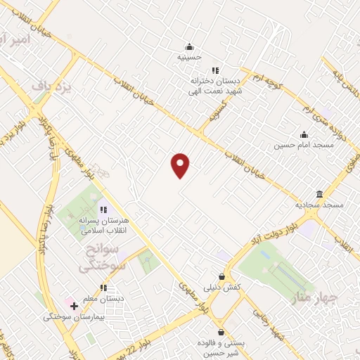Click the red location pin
click(x=181, y=165)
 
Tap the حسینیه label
click(x=188, y=57)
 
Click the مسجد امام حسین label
click(x=304, y=145)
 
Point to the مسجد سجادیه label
click(x=319, y=205)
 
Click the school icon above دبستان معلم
click(x=103, y=288)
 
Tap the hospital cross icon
click(x=74, y=306)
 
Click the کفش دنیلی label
click(x=222, y=287)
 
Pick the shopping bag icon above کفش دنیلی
click(x=222, y=276)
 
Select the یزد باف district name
click(x=51, y=86)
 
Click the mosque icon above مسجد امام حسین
click(x=304, y=134)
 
